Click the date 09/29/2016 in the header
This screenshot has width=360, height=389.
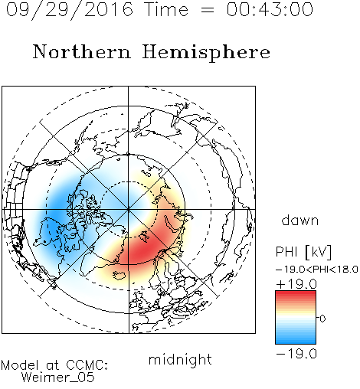tap(70, 10)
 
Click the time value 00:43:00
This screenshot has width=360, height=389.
tap(270, 9)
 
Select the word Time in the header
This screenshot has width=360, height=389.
tap(166, 9)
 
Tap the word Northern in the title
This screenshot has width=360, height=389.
tap(81, 52)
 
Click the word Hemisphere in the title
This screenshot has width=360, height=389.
tap(206, 53)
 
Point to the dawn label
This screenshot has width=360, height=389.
tap(300, 220)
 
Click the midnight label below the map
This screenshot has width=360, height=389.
tap(180, 359)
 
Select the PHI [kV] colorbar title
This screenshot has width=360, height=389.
tap(303, 252)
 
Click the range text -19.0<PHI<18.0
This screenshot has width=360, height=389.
tap(317, 270)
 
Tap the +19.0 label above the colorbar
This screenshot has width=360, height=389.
tap(296, 284)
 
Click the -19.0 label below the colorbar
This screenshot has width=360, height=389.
tap(296, 354)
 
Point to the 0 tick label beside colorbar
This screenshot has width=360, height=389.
tap(322, 319)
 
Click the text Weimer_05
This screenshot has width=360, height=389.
tap(58, 378)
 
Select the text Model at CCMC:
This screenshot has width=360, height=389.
tap(54, 365)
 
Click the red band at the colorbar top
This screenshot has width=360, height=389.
tap(296, 294)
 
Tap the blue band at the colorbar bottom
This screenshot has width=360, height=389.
tap(296, 341)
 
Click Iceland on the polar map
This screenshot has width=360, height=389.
tap(118, 275)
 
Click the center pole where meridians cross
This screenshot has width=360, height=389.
tap(129, 209)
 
